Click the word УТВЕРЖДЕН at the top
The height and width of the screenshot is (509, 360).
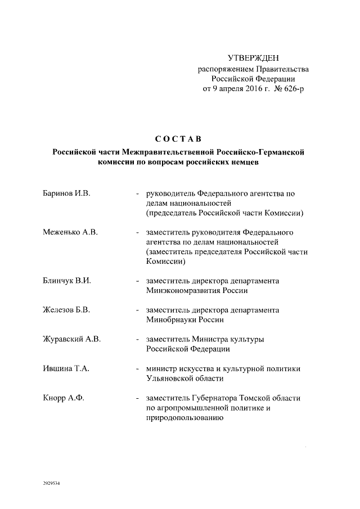coord(253,58)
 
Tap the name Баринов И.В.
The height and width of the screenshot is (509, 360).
coord(67,194)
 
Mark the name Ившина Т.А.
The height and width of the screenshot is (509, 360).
coord(66,369)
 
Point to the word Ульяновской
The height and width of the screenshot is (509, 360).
coord(171,379)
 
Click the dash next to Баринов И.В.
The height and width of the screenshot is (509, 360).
coord(138,195)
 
